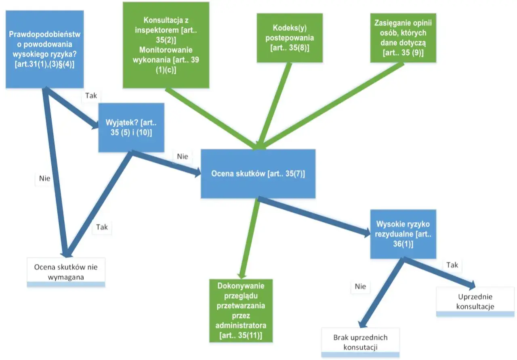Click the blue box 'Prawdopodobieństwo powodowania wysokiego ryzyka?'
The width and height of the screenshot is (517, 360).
pyautogui.click(x=45, y=49)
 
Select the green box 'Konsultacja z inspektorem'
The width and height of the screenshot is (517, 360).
pyautogui.click(x=166, y=45)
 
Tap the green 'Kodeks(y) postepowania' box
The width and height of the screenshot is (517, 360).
pyautogui.click(x=290, y=38)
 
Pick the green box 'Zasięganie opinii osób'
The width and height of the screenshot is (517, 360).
pyautogui.click(x=403, y=38)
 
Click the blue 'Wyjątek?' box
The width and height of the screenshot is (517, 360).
pyautogui.click(x=131, y=128)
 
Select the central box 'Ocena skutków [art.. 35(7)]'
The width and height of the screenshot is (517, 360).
pyautogui.click(x=258, y=174)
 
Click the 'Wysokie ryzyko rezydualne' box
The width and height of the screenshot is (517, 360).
pyautogui.click(x=403, y=234)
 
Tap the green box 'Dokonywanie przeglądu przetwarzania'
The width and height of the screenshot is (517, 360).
pyautogui.click(x=241, y=311)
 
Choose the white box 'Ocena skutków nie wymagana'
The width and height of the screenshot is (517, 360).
pyautogui.click(x=66, y=272)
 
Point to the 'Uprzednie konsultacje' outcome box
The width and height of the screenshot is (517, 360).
pyautogui.click(x=475, y=301)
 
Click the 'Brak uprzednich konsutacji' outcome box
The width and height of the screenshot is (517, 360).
pyautogui.click(x=360, y=343)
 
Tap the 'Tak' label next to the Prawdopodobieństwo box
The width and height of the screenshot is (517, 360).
pyautogui.click(x=91, y=96)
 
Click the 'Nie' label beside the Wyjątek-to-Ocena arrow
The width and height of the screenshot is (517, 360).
pyautogui.click(x=182, y=156)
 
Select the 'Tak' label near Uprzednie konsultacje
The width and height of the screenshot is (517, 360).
pyautogui.click(x=452, y=265)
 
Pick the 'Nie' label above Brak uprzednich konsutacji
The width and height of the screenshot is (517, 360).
pyautogui.click(x=360, y=287)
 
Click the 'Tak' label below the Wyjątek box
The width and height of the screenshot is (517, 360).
pyautogui.click(x=102, y=227)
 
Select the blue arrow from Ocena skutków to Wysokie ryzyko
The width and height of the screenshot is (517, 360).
pyautogui.click(x=314, y=217)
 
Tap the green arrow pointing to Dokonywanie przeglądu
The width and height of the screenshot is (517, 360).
pyautogui.click(x=250, y=239)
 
